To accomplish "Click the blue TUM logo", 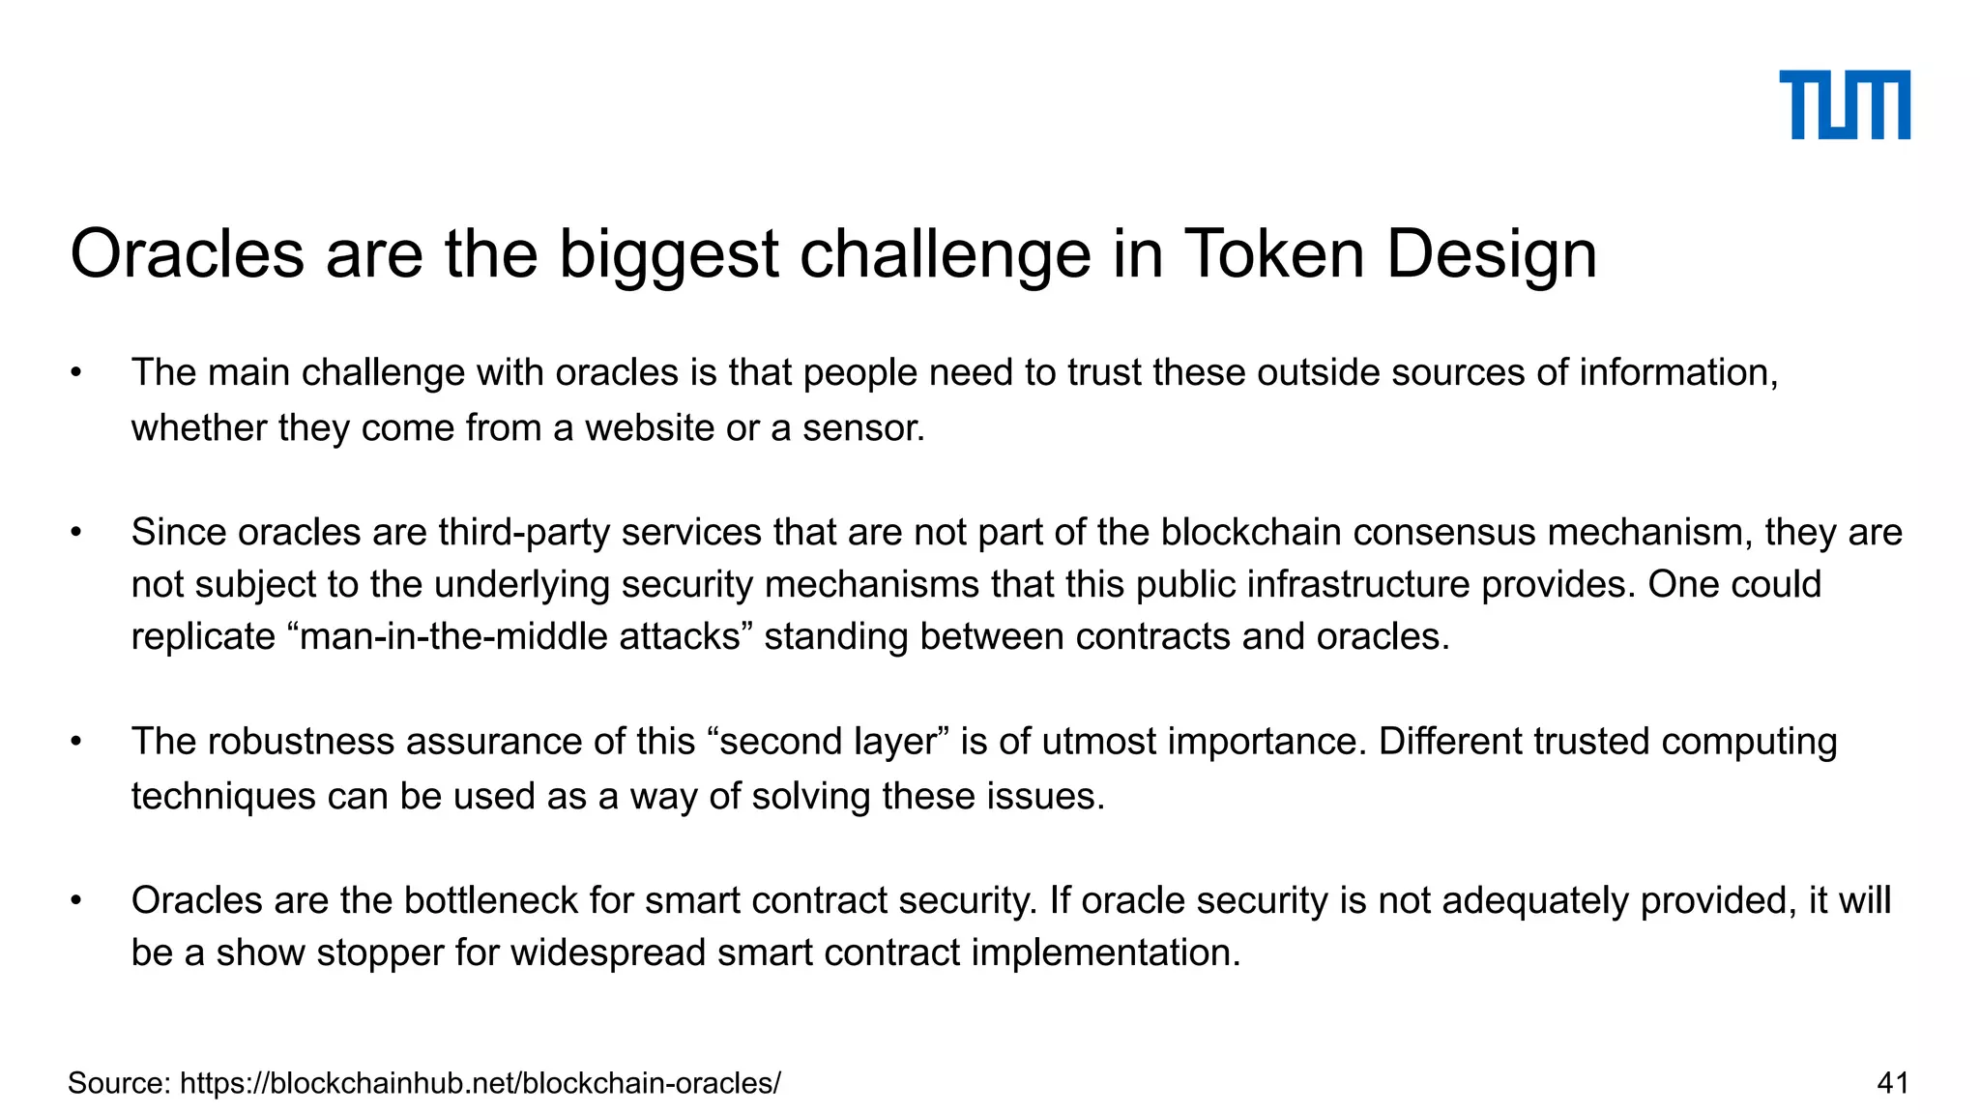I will tap(1844, 104).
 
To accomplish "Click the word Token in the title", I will tap(1274, 254).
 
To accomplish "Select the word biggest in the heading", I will tap(669, 256).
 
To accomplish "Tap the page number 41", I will tap(1892, 1083).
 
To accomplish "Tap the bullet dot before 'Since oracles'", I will tap(76, 533).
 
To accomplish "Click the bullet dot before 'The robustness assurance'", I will tap(76, 743).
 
